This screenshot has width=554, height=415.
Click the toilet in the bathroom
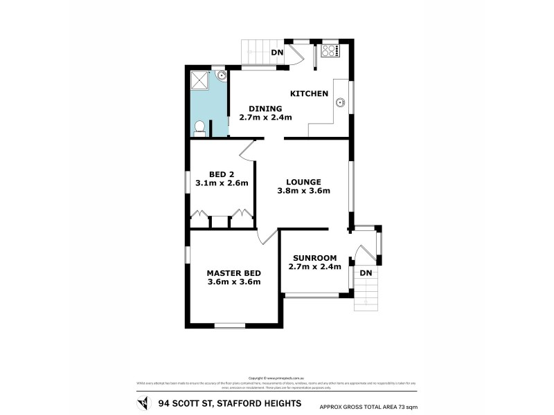(x=199, y=127)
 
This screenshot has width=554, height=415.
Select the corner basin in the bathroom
(x=220, y=75)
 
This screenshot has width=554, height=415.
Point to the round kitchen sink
(x=340, y=104)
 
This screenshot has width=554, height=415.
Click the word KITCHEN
(x=308, y=93)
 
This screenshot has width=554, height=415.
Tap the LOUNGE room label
(x=304, y=182)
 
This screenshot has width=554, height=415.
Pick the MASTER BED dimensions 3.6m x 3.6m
(x=233, y=282)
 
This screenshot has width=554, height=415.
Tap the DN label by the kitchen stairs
(x=277, y=53)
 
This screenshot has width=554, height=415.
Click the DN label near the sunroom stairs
(x=366, y=273)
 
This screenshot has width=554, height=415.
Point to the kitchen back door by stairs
(x=294, y=56)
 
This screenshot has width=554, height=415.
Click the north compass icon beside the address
(x=143, y=403)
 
